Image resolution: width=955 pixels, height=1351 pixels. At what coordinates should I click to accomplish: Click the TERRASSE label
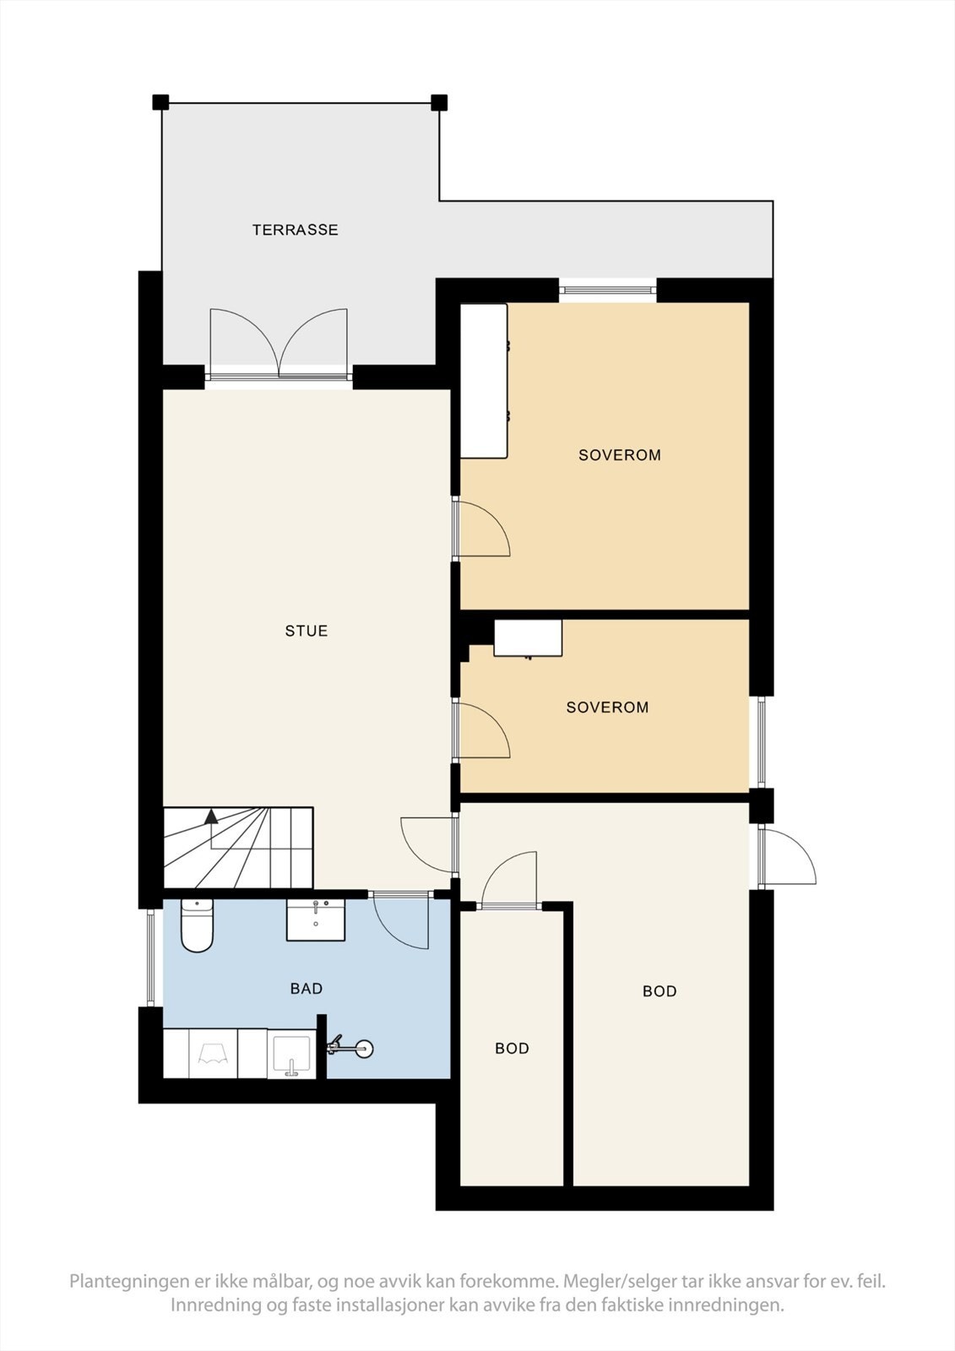point(295,230)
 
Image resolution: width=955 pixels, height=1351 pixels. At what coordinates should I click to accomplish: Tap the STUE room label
point(306,631)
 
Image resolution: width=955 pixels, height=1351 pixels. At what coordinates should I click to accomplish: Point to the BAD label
point(306,989)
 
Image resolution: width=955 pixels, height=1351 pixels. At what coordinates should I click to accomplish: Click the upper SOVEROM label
point(619,455)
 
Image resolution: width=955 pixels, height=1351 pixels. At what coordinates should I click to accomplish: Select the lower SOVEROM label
point(607,708)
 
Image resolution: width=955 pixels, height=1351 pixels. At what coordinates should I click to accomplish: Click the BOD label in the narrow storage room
point(512,1049)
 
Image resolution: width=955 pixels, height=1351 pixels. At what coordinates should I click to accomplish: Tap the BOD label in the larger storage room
point(659,991)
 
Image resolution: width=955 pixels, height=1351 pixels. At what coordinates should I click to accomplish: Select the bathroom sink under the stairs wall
point(316,920)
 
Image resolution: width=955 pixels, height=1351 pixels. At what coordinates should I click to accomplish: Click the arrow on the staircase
point(211,817)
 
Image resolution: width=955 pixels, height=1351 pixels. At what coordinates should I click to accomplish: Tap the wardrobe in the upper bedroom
point(483,381)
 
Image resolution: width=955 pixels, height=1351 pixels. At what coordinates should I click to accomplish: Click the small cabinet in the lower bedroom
point(528,638)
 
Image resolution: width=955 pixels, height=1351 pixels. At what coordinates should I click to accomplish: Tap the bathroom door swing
point(401,922)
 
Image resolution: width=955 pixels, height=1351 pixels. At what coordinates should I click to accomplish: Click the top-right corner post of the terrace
point(439,103)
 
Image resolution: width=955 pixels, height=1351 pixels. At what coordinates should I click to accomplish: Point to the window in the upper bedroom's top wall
point(607,290)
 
